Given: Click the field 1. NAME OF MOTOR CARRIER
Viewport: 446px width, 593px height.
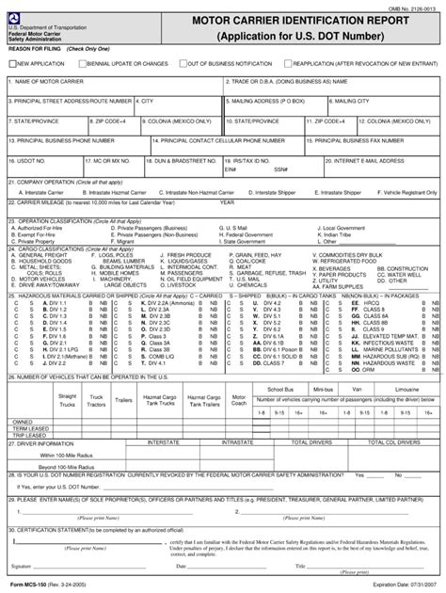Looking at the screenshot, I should tap(113, 87).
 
